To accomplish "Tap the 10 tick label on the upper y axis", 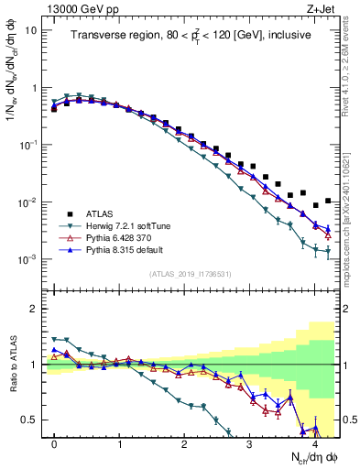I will click(x=29, y=30).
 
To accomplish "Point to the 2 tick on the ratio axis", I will click(x=33, y=309).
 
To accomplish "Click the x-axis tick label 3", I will click(x=250, y=443).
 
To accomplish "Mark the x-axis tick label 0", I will click(x=55, y=443).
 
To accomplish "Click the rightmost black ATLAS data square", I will click(x=328, y=201).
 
